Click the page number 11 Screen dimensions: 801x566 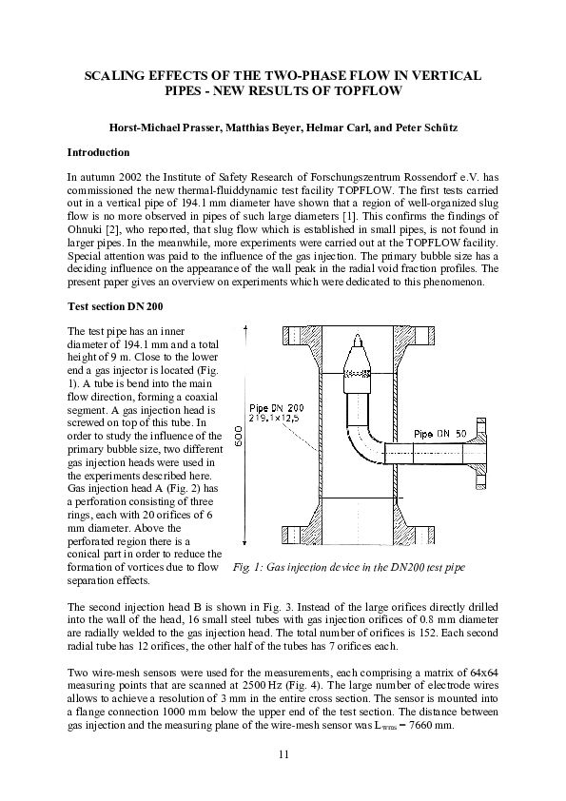(283, 754)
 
